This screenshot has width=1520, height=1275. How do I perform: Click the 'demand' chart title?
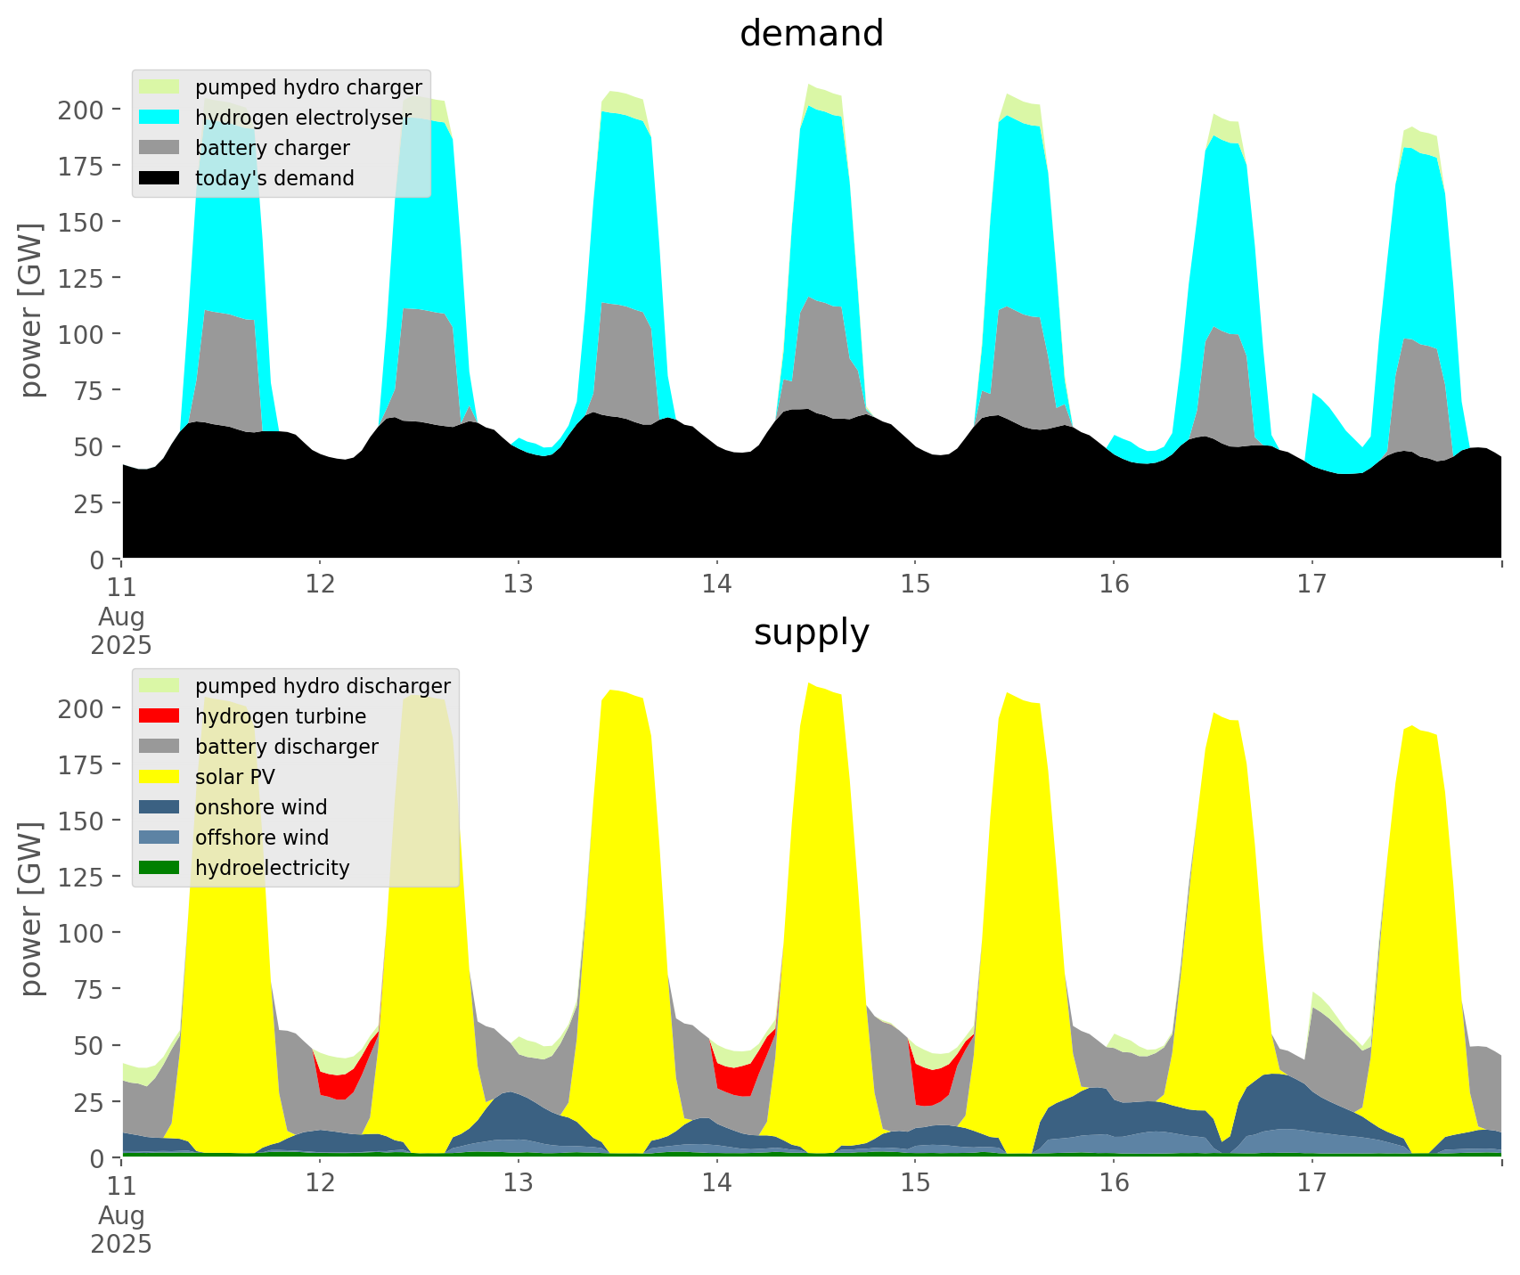click(x=811, y=34)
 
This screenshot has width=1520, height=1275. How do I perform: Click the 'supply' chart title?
click(x=811, y=633)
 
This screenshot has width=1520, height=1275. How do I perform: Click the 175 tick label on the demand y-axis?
click(x=83, y=166)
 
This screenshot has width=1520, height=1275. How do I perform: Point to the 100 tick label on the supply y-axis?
click(x=83, y=933)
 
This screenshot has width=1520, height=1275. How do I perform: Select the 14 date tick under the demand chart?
click(x=716, y=585)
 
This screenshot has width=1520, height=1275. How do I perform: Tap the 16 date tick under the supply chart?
click(x=1113, y=1184)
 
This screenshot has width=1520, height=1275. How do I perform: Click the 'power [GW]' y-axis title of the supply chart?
click(x=32, y=909)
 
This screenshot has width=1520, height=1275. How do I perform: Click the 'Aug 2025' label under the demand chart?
click(x=121, y=630)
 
